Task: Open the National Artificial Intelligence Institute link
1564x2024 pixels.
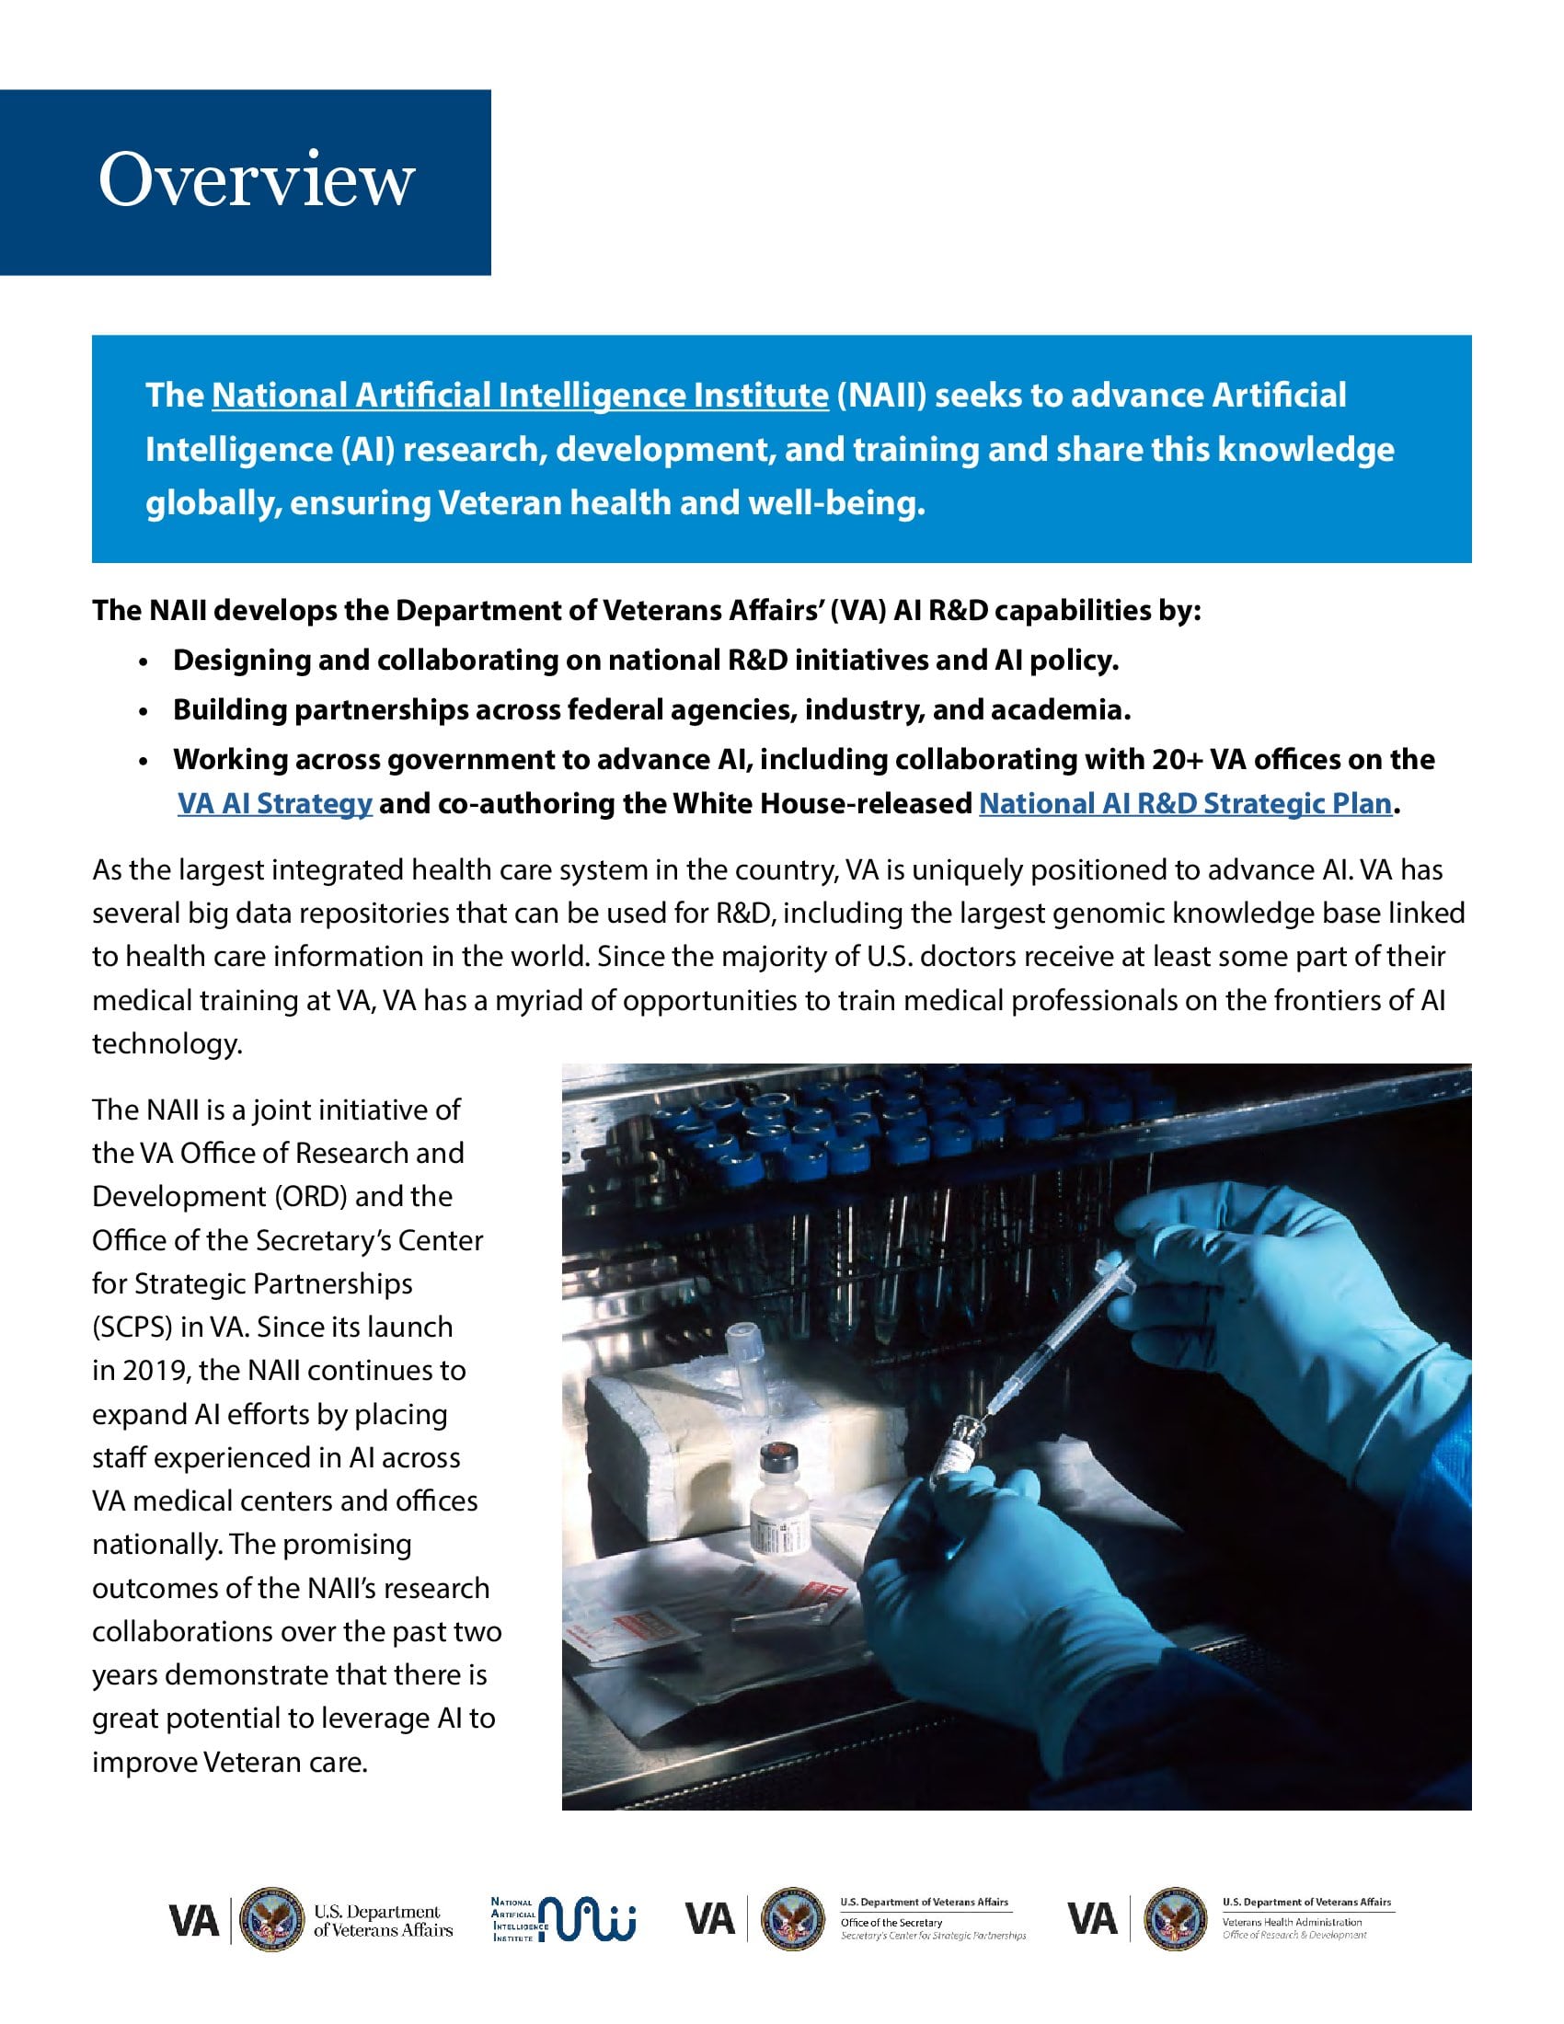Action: [x=520, y=396]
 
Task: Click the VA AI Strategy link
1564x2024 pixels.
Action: [x=274, y=803]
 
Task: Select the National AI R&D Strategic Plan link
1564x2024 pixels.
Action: [x=1185, y=803]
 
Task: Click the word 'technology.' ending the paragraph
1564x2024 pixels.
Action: [x=167, y=1044]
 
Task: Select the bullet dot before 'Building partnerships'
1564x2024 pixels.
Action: [x=143, y=712]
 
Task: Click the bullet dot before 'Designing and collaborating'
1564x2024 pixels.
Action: [x=143, y=662]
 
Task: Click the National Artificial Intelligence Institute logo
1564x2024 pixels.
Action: [x=563, y=1919]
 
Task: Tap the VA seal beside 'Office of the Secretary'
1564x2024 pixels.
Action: [x=792, y=1919]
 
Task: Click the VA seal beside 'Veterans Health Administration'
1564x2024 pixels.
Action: [x=1175, y=1919]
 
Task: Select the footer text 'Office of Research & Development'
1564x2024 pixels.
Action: [x=1294, y=1935]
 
